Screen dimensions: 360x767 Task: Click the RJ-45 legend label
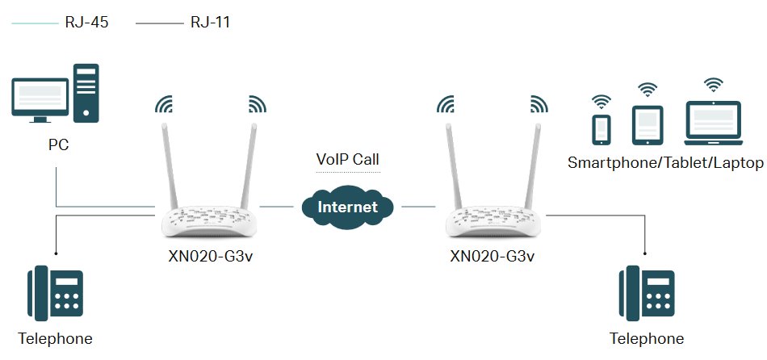click(86, 23)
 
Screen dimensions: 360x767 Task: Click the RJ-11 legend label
click(211, 23)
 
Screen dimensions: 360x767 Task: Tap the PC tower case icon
click(87, 93)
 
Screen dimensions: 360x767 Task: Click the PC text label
click(57, 145)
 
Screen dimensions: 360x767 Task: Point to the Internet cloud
click(348, 207)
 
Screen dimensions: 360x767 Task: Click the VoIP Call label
click(348, 159)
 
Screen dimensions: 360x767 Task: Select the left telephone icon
click(57, 294)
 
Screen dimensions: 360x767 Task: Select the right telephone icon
click(647, 294)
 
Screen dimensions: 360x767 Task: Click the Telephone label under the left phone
click(56, 338)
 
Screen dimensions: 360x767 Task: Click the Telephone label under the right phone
click(647, 338)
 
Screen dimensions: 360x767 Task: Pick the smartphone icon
click(601, 128)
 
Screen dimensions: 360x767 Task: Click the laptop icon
click(713, 122)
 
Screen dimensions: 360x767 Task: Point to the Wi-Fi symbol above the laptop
click(713, 84)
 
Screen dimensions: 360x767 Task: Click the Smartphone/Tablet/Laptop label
click(665, 163)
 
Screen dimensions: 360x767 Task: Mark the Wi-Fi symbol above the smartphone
click(601, 101)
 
